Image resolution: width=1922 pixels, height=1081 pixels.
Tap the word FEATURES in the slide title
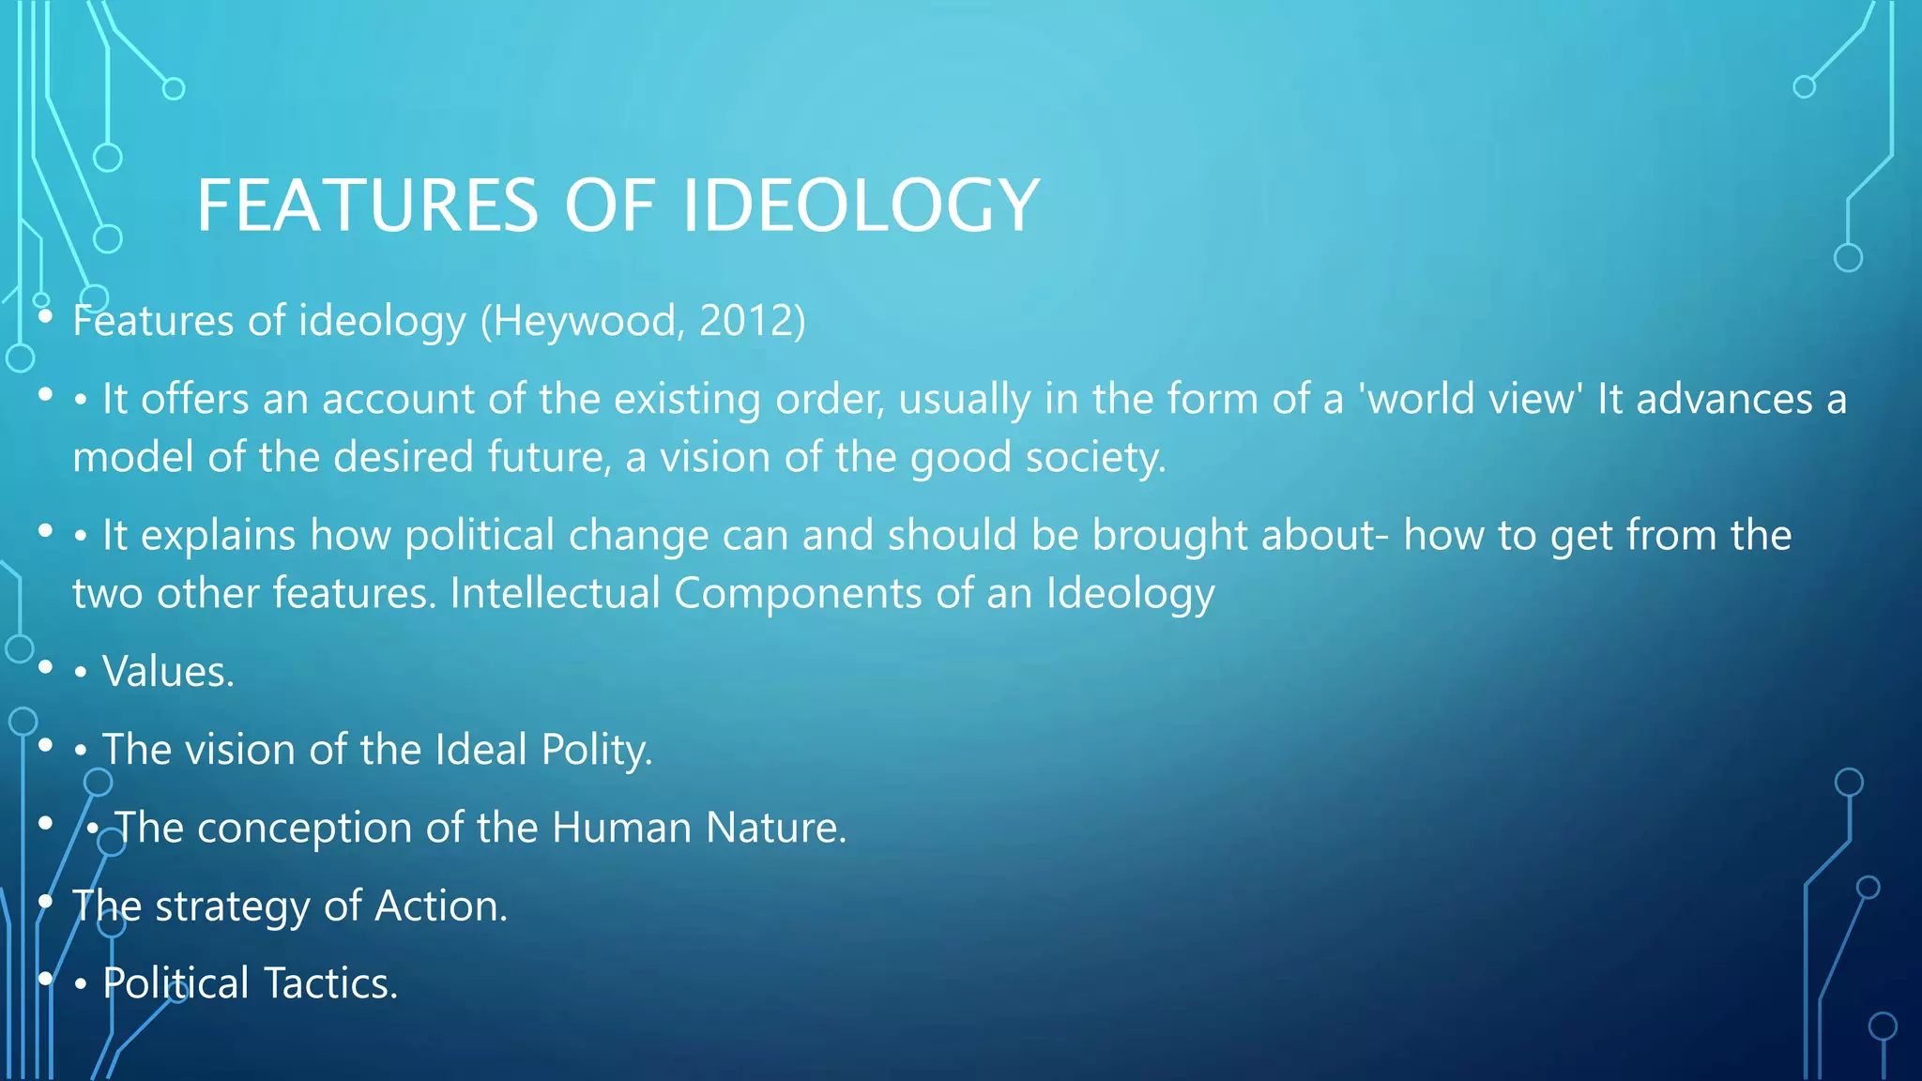[367, 206]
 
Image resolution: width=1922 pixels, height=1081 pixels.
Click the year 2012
[747, 322]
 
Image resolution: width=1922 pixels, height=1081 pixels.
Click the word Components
[798, 594]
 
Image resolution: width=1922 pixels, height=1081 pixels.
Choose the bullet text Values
[168, 672]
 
